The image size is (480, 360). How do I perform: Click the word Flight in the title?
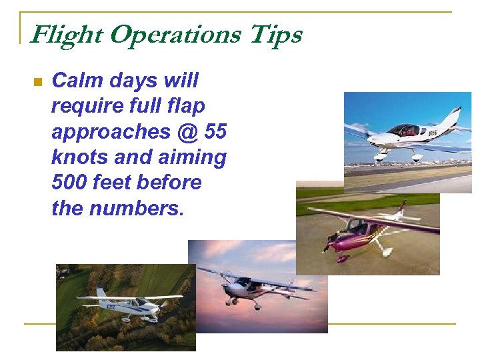tap(66, 35)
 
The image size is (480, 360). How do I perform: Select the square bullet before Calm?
tap(37, 83)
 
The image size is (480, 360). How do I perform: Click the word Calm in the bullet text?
tap(77, 81)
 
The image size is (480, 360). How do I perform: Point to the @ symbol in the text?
tap(188, 132)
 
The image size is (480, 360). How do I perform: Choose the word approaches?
tap(111, 132)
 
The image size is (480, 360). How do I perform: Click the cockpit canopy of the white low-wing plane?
tap(404, 130)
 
